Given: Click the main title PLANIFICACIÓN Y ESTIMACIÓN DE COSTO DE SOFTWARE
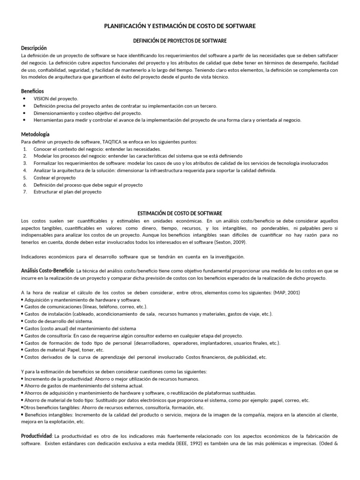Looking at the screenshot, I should pos(180,27).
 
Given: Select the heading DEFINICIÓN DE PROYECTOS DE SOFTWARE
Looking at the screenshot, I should pos(180,41).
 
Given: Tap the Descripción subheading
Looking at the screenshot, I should pos(34,48).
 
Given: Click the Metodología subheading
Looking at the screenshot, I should pos(35,134).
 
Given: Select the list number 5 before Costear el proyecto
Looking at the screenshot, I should pos(24,178).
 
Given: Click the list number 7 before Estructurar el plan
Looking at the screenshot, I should pos(24,192).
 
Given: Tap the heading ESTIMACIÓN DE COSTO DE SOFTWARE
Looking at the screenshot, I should pos(180,213).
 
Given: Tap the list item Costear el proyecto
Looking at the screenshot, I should pos(54,178).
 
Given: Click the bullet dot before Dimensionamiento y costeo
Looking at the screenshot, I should pos(24,113).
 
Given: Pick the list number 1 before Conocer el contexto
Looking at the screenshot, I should pos(24,149).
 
